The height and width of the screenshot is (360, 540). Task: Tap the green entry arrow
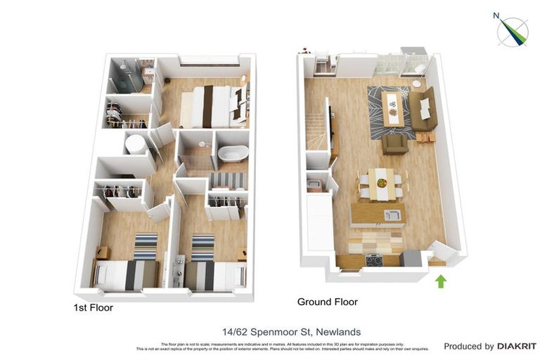(x=441, y=281)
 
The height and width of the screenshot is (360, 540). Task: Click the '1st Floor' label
(x=94, y=308)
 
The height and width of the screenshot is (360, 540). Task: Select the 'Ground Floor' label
(x=327, y=302)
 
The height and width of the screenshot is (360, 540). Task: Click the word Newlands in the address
(x=340, y=332)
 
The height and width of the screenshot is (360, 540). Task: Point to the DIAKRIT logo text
(x=517, y=346)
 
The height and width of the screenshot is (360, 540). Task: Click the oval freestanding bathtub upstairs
(x=231, y=153)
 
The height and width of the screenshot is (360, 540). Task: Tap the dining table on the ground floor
(x=381, y=182)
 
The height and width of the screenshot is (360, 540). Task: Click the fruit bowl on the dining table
(x=381, y=183)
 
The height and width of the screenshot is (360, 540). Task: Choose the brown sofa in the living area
(x=424, y=109)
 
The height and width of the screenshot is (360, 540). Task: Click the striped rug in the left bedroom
(x=146, y=246)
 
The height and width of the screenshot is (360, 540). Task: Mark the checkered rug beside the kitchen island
(x=374, y=241)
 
